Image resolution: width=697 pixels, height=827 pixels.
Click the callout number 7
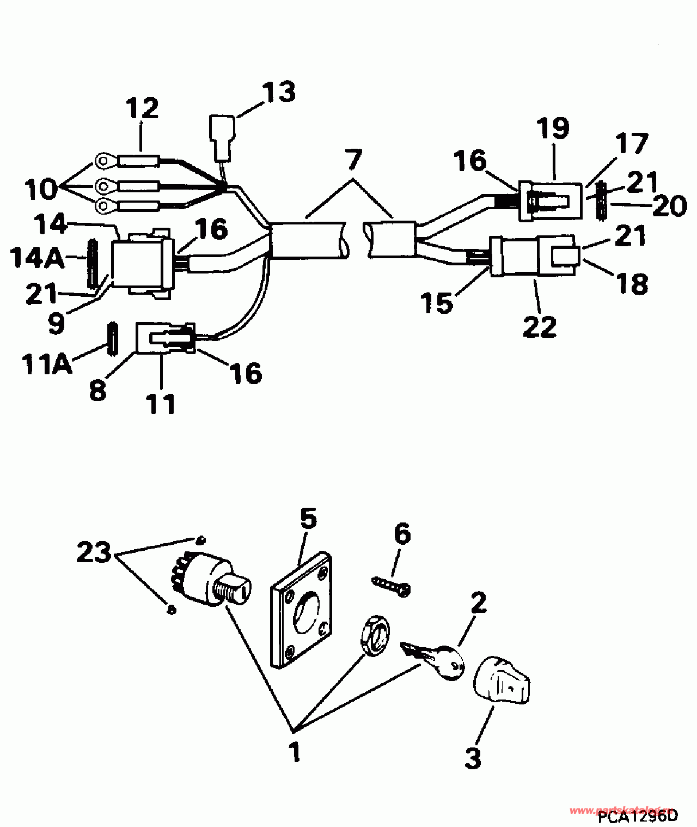pyautogui.click(x=353, y=160)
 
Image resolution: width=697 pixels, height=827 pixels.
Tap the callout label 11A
pyautogui.click(x=47, y=363)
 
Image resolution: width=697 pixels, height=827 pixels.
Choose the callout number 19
pyautogui.click(x=553, y=129)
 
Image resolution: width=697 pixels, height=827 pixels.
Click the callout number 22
pyautogui.click(x=540, y=326)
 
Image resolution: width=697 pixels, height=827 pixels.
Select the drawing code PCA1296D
pyautogui.click(x=638, y=816)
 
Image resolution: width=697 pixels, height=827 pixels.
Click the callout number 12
pyautogui.click(x=143, y=108)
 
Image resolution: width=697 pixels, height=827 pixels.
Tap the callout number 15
pyautogui.click(x=437, y=303)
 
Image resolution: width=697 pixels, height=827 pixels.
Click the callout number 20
pyautogui.click(x=669, y=206)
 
